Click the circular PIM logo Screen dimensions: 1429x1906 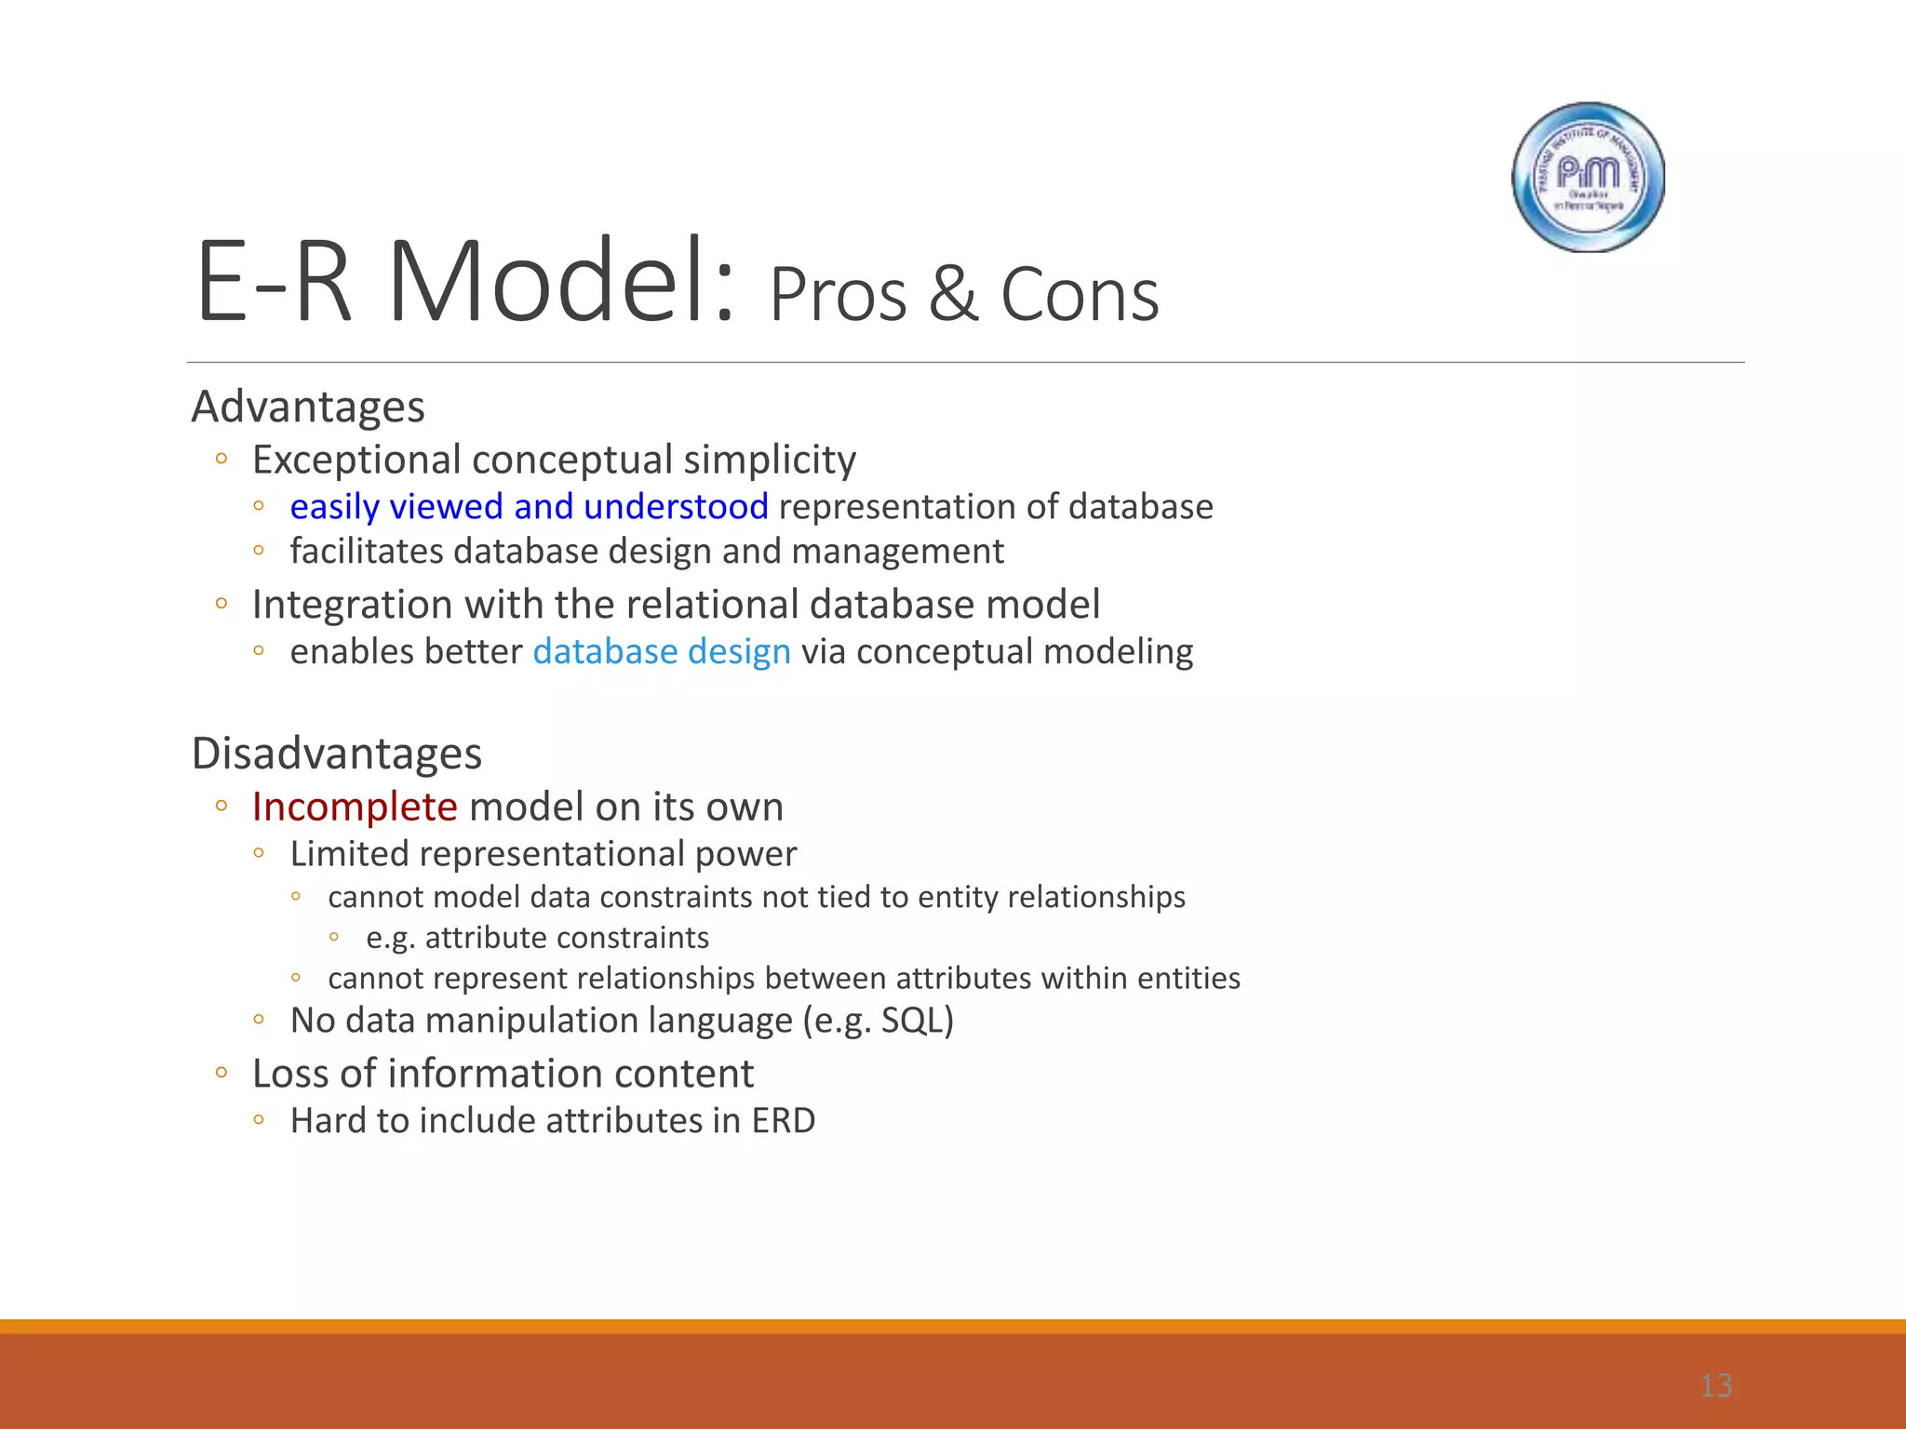[x=1588, y=177]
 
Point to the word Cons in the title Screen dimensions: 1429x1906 [x=1080, y=295]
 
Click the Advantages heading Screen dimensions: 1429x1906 [x=308, y=407]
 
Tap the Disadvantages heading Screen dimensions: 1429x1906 [x=337, y=753]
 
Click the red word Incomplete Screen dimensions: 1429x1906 [x=355, y=807]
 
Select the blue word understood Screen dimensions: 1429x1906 [x=676, y=507]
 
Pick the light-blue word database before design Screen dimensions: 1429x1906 [x=605, y=651]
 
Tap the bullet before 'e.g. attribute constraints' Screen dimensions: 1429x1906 [x=333, y=938]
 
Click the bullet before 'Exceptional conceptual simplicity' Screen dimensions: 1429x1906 [x=221, y=458]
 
